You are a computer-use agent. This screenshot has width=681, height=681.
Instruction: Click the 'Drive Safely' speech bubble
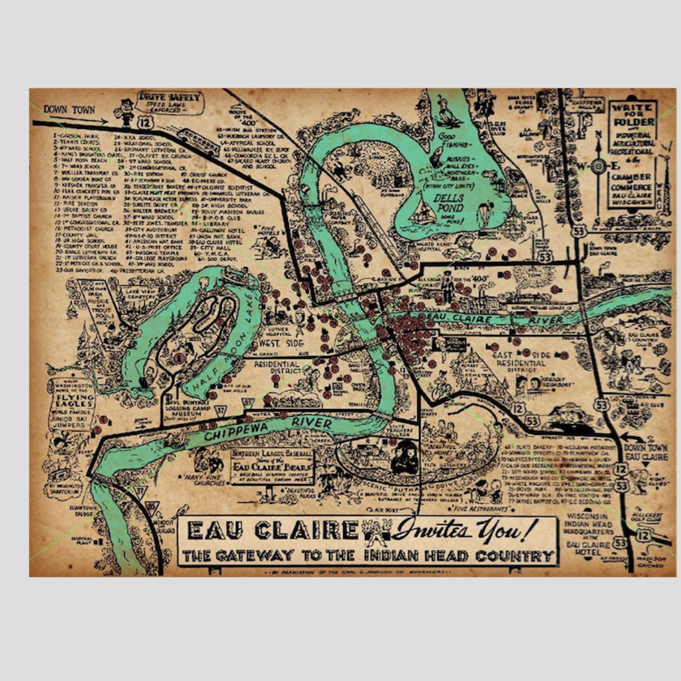(x=169, y=102)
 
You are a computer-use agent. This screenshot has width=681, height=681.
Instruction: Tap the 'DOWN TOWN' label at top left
(x=69, y=110)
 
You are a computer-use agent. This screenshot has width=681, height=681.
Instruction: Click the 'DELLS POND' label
(x=450, y=199)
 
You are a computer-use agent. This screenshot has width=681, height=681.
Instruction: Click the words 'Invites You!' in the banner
(x=464, y=530)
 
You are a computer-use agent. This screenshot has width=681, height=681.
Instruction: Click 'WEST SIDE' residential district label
(x=277, y=342)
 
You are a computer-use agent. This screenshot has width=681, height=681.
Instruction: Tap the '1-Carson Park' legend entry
(x=76, y=134)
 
